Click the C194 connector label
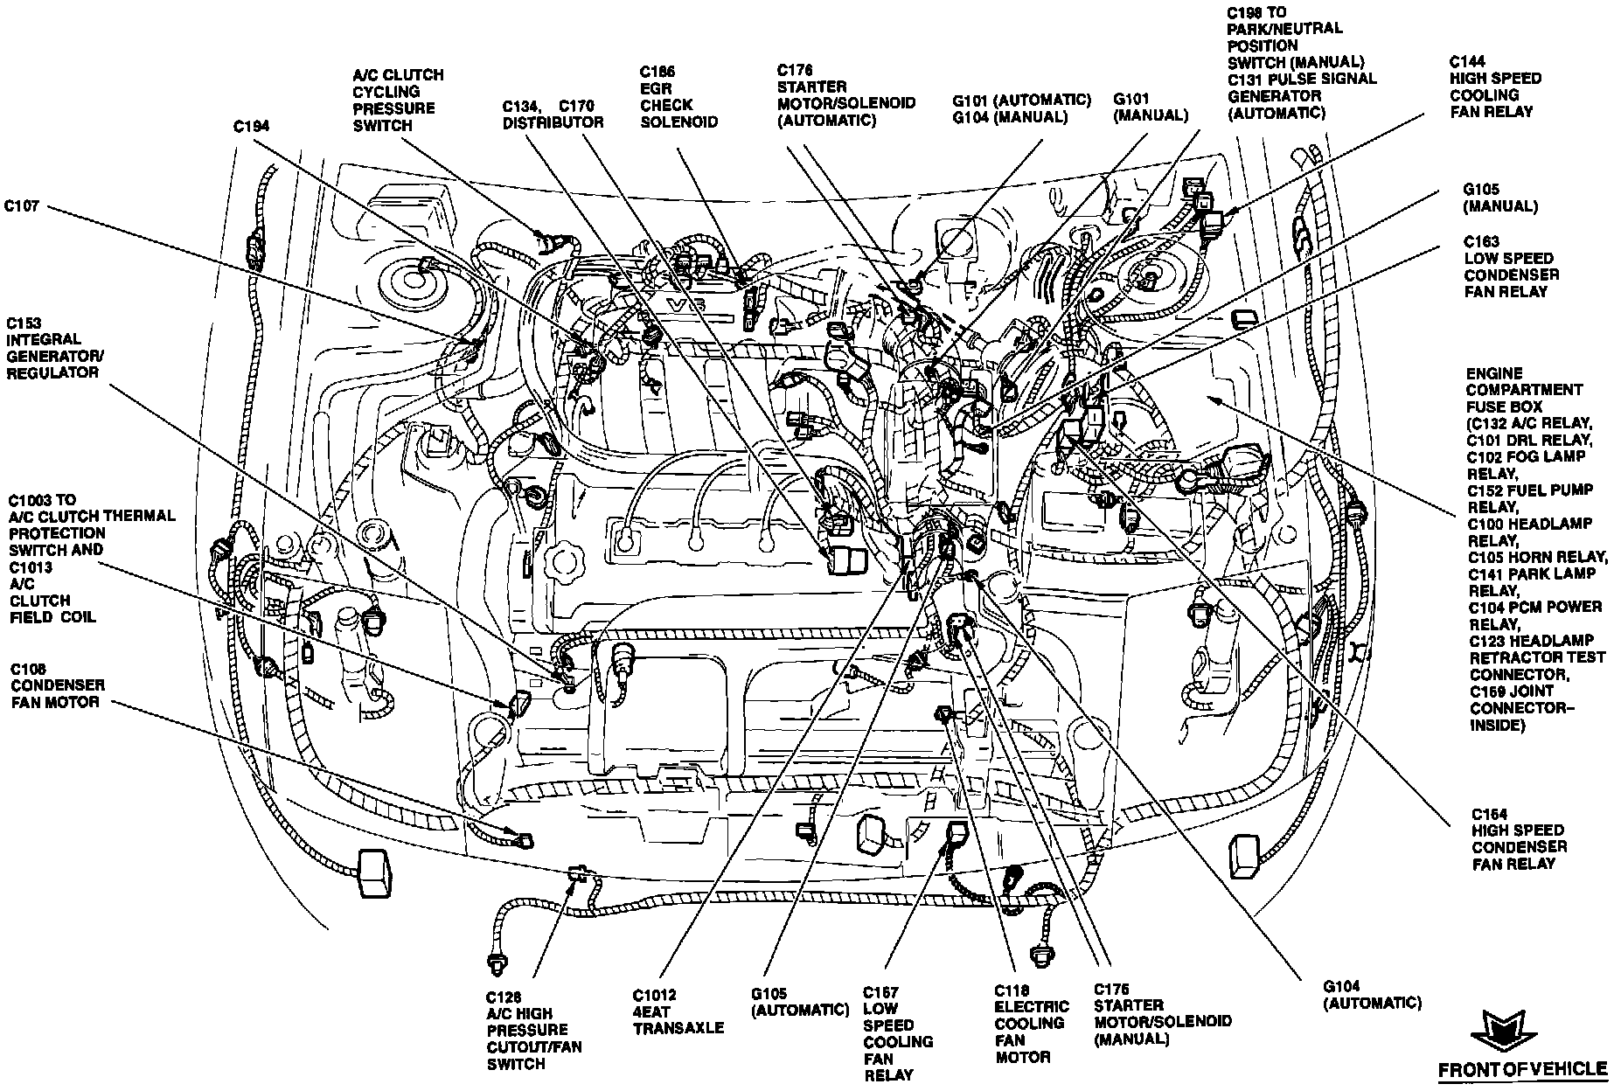point(251,127)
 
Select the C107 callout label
point(21,207)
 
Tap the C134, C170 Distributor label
point(552,115)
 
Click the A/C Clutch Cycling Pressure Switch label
point(398,100)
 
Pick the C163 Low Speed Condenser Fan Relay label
point(1511,266)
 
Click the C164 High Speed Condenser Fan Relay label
point(1519,838)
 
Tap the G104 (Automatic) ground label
point(1372,995)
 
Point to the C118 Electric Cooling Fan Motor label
point(1031,1024)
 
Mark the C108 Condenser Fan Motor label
point(57,685)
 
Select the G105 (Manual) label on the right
point(1499,198)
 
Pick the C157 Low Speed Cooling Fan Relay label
point(898,1033)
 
